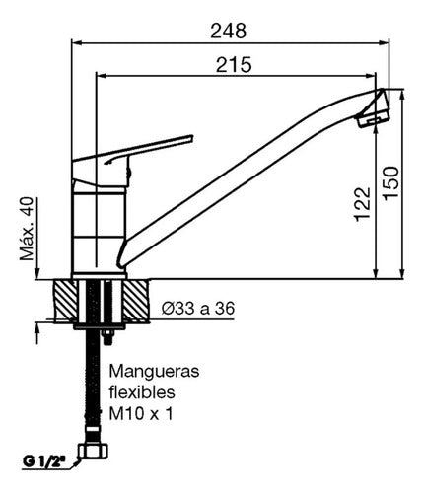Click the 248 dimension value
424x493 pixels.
point(228,31)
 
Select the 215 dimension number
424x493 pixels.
point(234,64)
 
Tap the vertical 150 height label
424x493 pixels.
point(390,182)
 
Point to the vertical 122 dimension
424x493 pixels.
point(362,204)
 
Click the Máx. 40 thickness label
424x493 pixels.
point(27,229)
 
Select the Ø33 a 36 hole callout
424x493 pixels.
point(198,308)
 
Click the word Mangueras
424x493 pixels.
point(154,372)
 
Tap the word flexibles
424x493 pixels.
point(142,391)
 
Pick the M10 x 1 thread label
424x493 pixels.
point(141,414)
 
